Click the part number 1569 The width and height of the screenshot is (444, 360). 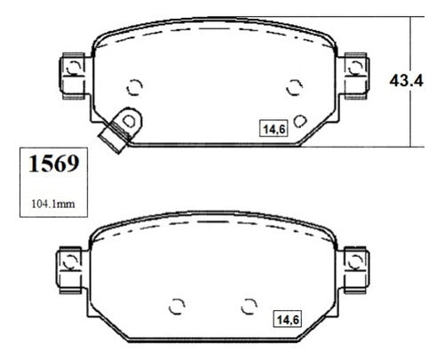pos(54,164)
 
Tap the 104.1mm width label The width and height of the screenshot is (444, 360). pos(53,204)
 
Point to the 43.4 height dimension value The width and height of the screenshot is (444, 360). pos(406,81)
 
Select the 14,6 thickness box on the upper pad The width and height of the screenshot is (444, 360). pos(274,129)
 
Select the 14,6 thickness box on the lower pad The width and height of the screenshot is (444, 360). pos(288,319)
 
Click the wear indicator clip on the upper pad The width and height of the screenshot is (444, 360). pos(121,130)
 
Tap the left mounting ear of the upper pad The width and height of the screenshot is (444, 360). pos(73,76)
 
